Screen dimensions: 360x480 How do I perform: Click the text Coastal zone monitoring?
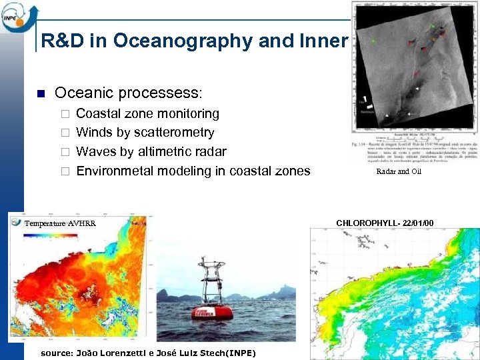pyautogui.click(x=147, y=113)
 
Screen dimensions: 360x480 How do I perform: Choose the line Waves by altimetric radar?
pyautogui.click(x=151, y=151)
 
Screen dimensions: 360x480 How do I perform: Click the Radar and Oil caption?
pyautogui.click(x=399, y=171)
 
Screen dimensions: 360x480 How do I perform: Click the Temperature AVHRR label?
pyautogui.click(x=60, y=223)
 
